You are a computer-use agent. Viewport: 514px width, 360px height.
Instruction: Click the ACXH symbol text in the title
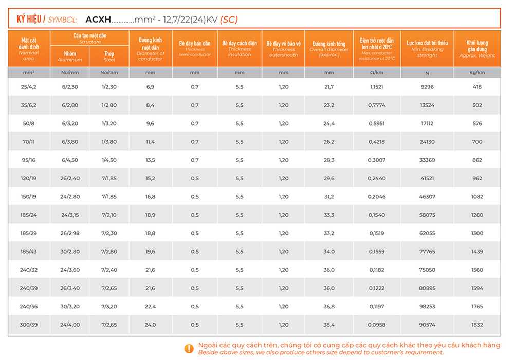(98, 20)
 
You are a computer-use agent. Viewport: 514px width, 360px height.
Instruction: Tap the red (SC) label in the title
(229, 20)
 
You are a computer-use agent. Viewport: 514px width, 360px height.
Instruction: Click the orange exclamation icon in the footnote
(189, 348)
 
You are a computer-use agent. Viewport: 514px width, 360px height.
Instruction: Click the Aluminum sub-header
(70, 56)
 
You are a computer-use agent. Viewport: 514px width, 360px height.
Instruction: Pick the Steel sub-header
(109, 56)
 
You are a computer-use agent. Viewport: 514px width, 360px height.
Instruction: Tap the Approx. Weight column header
(477, 49)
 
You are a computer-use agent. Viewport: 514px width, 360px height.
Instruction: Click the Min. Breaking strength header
(427, 49)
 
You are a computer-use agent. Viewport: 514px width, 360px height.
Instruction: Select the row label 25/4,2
(29, 87)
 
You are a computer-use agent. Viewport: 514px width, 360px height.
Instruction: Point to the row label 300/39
(29, 325)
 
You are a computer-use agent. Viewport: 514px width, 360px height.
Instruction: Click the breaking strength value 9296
(427, 87)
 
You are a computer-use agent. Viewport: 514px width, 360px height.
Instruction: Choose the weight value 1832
(477, 325)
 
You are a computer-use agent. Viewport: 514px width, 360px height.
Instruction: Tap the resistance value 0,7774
(377, 105)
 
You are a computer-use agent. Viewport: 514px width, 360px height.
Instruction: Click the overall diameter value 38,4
(329, 325)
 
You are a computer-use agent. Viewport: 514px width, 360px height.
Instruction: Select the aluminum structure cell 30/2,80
(70, 252)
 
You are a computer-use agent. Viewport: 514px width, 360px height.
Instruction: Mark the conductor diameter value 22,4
(150, 307)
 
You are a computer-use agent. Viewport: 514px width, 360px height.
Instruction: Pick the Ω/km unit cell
(377, 73)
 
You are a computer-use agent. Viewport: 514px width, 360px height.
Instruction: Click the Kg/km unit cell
(477, 73)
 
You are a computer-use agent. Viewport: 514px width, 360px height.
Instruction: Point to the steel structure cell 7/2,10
(109, 215)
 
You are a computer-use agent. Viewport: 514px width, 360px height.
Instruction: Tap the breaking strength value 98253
(427, 307)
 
